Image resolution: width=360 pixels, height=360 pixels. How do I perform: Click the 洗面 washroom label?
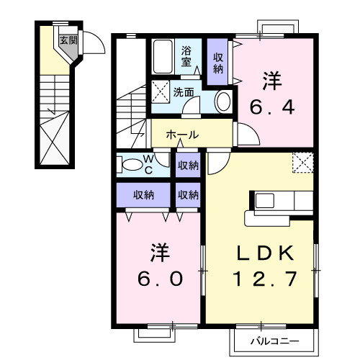pos(183,92)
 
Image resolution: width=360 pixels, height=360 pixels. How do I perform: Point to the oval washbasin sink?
pos(223,101)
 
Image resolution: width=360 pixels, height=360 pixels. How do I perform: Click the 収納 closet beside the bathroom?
pos(217,63)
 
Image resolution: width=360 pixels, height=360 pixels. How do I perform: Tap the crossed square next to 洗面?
pos(159,92)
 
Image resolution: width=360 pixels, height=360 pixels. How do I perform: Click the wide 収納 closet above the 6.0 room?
pos(144,194)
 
